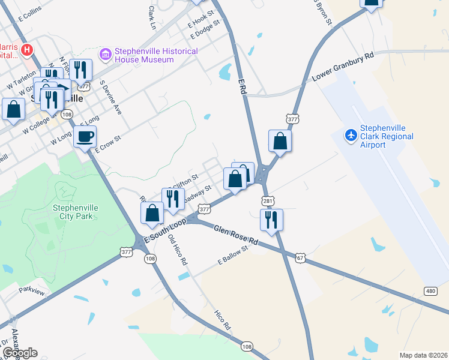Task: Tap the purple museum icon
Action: pyautogui.click(x=106, y=55)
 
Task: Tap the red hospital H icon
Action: pyautogui.click(x=26, y=49)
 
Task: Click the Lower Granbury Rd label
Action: pyautogui.click(x=343, y=67)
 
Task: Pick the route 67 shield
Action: pyautogui.click(x=301, y=257)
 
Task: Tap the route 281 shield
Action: pyautogui.click(x=267, y=200)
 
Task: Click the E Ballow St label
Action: pyautogui.click(x=232, y=254)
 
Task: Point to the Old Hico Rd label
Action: pyautogui.click(x=178, y=250)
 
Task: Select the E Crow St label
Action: pyautogui.click(x=109, y=143)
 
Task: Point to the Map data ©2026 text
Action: pyautogui.click(x=423, y=355)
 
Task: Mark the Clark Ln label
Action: pyautogui.click(x=152, y=18)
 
